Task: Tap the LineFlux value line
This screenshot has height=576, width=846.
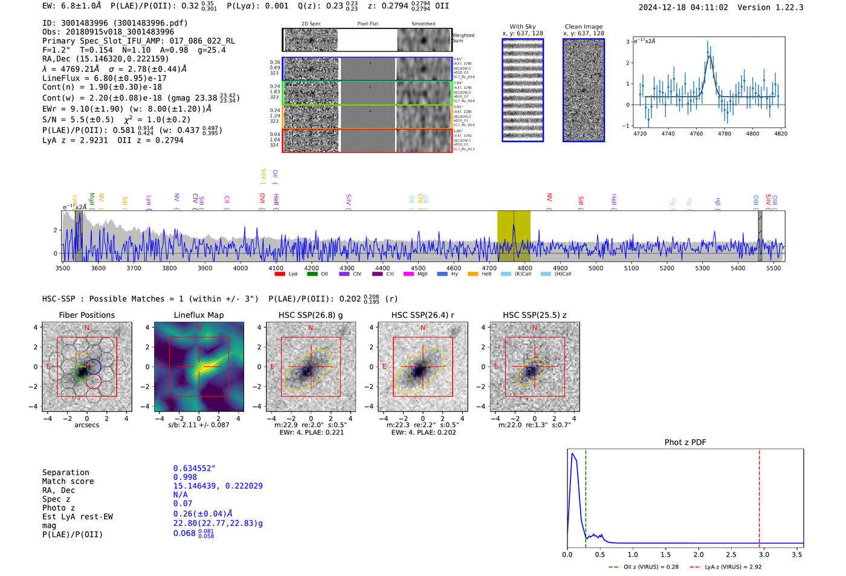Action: (x=104, y=78)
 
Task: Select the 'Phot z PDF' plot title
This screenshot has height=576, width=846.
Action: (x=685, y=442)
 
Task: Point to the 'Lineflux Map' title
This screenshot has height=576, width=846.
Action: (x=198, y=315)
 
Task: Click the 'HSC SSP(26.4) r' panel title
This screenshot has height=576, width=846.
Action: (x=422, y=315)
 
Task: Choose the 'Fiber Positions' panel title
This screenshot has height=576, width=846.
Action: (x=86, y=315)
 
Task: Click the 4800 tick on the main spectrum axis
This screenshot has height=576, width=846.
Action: (x=525, y=268)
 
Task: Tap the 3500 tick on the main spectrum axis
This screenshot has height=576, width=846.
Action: (x=63, y=268)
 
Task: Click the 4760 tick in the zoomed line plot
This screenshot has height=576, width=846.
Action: (x=696, y=134)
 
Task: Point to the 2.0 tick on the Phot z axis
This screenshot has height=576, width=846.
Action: (x=699, y=554)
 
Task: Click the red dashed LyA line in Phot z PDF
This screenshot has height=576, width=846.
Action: (x=760, y=496)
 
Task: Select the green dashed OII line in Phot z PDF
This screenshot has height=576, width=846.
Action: (x=586, y=496)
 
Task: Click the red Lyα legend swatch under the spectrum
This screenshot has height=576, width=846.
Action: (x=279, y=274)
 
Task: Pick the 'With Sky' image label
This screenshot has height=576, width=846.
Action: (x=522, y=27)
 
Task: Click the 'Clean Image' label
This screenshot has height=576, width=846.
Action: (x=583, y=27)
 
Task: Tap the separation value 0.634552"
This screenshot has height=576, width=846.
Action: (x=194, y=468)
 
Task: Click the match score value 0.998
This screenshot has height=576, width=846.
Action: (x=185, y=477)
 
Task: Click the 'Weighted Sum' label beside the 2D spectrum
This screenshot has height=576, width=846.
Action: (x=463, y=37)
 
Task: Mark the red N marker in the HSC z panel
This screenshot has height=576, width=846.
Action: (x=534, y=328)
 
